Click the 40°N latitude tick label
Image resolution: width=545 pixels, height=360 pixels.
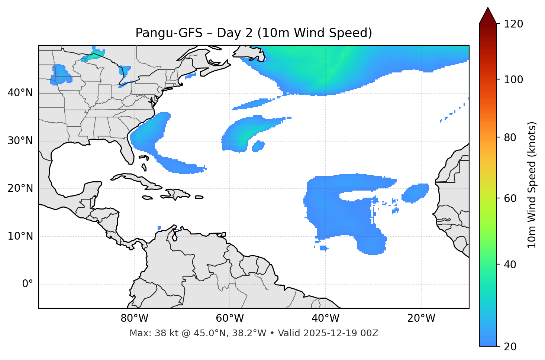[20, 93]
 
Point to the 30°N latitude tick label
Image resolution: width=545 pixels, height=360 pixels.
[20, 141]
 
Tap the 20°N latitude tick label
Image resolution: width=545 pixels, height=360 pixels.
[20, 188]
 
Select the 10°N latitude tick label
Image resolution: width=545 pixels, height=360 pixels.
[20, 236]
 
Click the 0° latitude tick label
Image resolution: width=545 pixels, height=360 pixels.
[28, 284]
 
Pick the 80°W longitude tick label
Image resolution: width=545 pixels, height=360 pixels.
[134, 318]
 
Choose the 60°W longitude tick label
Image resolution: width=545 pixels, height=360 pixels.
[230, 318]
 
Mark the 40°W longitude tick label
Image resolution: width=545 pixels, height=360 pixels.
[325, 318]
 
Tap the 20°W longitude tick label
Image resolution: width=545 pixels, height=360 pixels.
[421, 318]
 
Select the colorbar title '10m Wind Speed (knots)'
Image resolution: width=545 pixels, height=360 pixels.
[532, 185]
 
